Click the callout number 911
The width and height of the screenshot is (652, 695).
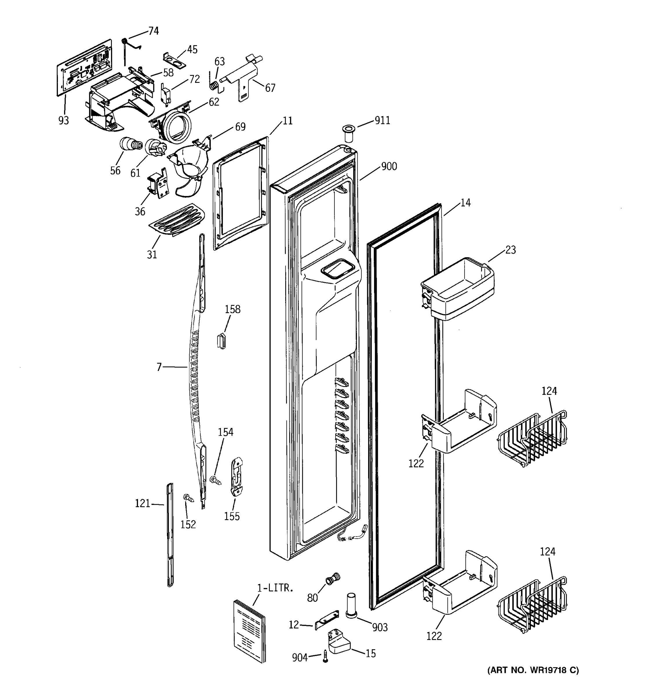pos(382,120)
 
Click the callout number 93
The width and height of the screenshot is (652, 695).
pos(63,120)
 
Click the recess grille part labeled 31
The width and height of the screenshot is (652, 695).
pos(177,220)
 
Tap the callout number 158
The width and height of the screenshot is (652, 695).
pos(233,309)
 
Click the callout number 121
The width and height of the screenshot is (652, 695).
pos(142,503)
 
